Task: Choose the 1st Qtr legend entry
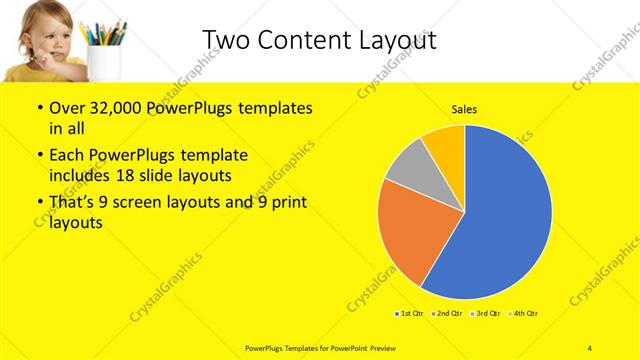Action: (408, 314)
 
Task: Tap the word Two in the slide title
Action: (224, 39)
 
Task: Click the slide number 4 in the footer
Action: (590, 347)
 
